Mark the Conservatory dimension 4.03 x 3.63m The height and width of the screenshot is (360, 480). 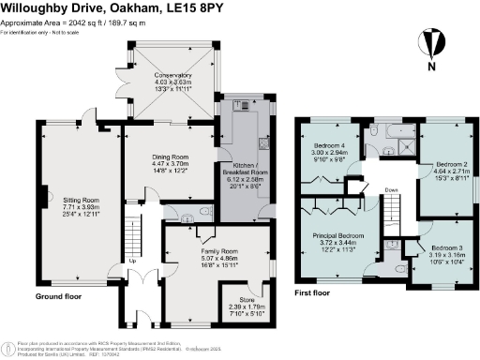[173, 82]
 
